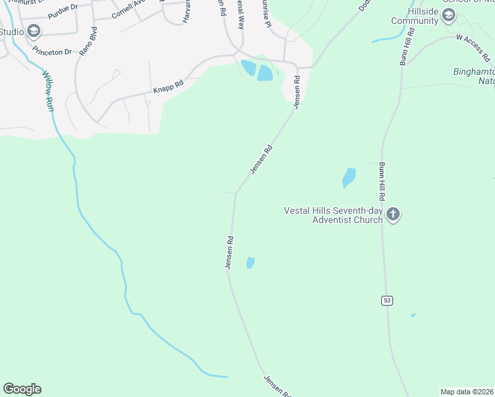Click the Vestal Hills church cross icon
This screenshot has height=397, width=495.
pos(393,214)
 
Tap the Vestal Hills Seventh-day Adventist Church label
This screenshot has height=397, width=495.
pos(333,215)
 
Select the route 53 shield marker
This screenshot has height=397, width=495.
pos(387,300)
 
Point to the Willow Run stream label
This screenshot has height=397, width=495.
pos(48,92)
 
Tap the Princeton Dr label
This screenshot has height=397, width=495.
pos(54,51)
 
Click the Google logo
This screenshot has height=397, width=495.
pos(22,389)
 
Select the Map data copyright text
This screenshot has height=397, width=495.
pos(467,391)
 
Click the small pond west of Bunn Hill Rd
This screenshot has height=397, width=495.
pos(348,177)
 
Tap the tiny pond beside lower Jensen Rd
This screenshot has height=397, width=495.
pos(250,263)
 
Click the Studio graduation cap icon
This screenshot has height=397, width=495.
pos(34,31)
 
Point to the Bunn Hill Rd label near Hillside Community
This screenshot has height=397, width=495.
pos(406,46)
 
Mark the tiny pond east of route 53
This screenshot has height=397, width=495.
pos(412,315)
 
